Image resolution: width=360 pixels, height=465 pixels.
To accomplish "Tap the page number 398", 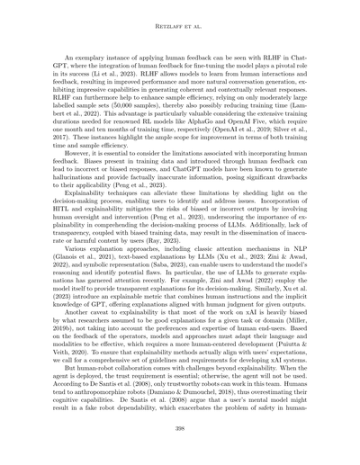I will pos(180,431).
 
